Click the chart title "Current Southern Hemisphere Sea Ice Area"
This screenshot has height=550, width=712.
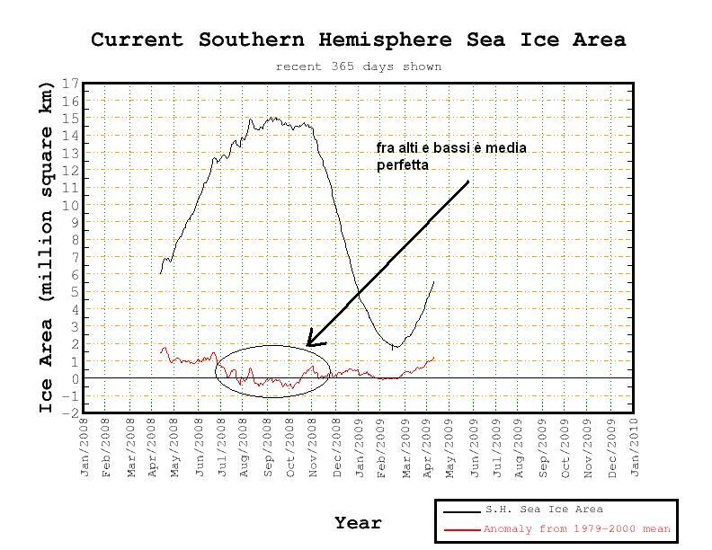click(x=358, y=40)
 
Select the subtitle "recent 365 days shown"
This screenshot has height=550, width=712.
click(x=358, y=67)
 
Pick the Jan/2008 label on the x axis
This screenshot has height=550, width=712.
click(x=85, y=447)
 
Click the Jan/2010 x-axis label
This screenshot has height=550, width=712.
click(x=635, y=447)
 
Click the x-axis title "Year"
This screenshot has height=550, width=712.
click(x=358, y=523)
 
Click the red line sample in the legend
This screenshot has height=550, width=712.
click(x=462, y=530)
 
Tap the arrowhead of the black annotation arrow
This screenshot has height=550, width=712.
click(x=308, y=344)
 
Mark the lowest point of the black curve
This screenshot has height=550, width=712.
click(x=394, y=348)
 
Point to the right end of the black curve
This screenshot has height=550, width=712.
click(x=433, y=281)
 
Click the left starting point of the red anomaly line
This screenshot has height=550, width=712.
click(x=160, y=351)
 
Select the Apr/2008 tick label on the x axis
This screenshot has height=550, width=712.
click(x=154, y=447)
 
